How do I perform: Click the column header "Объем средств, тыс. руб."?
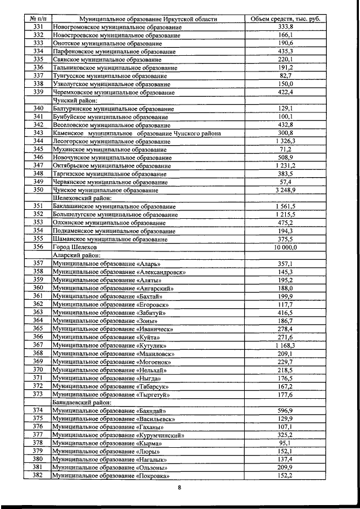point(285,19)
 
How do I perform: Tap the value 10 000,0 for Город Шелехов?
point(285,247)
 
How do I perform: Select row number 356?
point(38,247)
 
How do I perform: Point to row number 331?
point(38,27)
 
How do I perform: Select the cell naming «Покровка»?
point(112,476)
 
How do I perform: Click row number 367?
point(38,345)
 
